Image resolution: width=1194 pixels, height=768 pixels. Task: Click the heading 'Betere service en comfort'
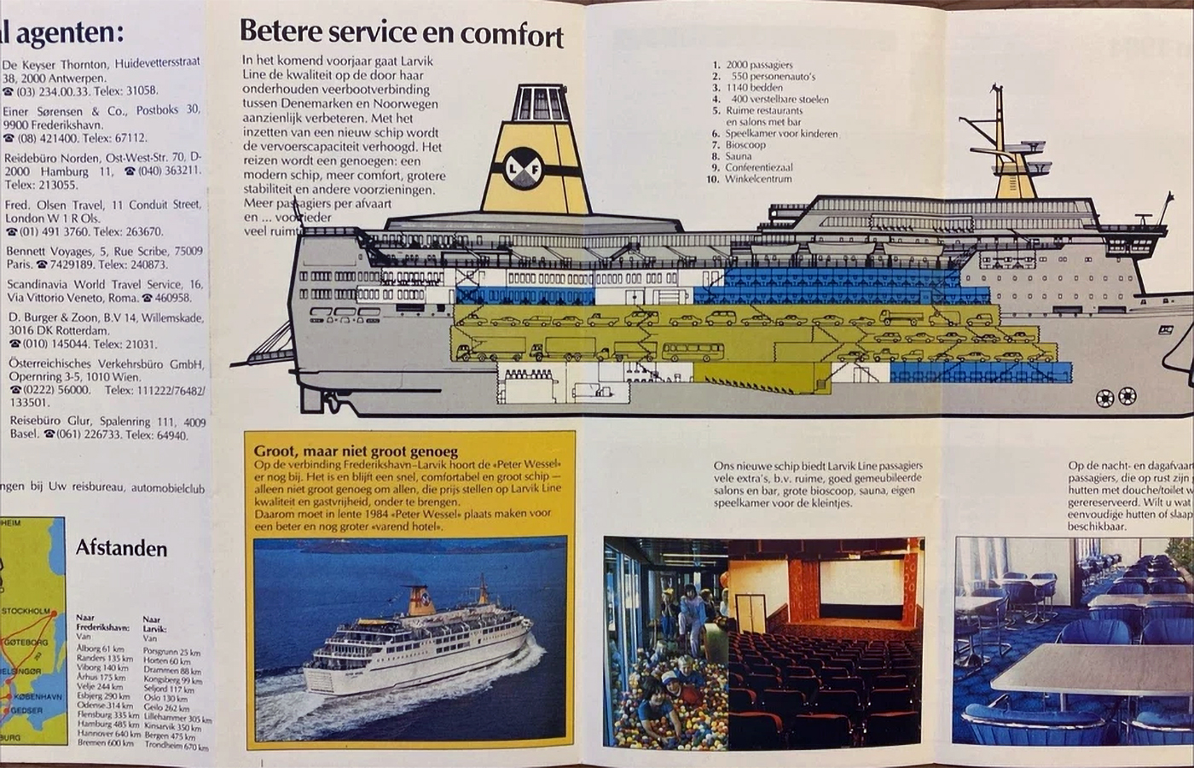coord(401,33)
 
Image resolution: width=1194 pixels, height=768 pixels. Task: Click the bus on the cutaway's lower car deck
coord(693,352)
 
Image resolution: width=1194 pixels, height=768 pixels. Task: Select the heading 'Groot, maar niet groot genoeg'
coord(356,451)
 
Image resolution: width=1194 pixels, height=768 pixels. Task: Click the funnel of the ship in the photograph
coord(420,601)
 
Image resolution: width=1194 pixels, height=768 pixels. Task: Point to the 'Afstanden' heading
coord(122,548)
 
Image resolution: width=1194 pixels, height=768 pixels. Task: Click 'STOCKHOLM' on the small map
coord(26,611)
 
